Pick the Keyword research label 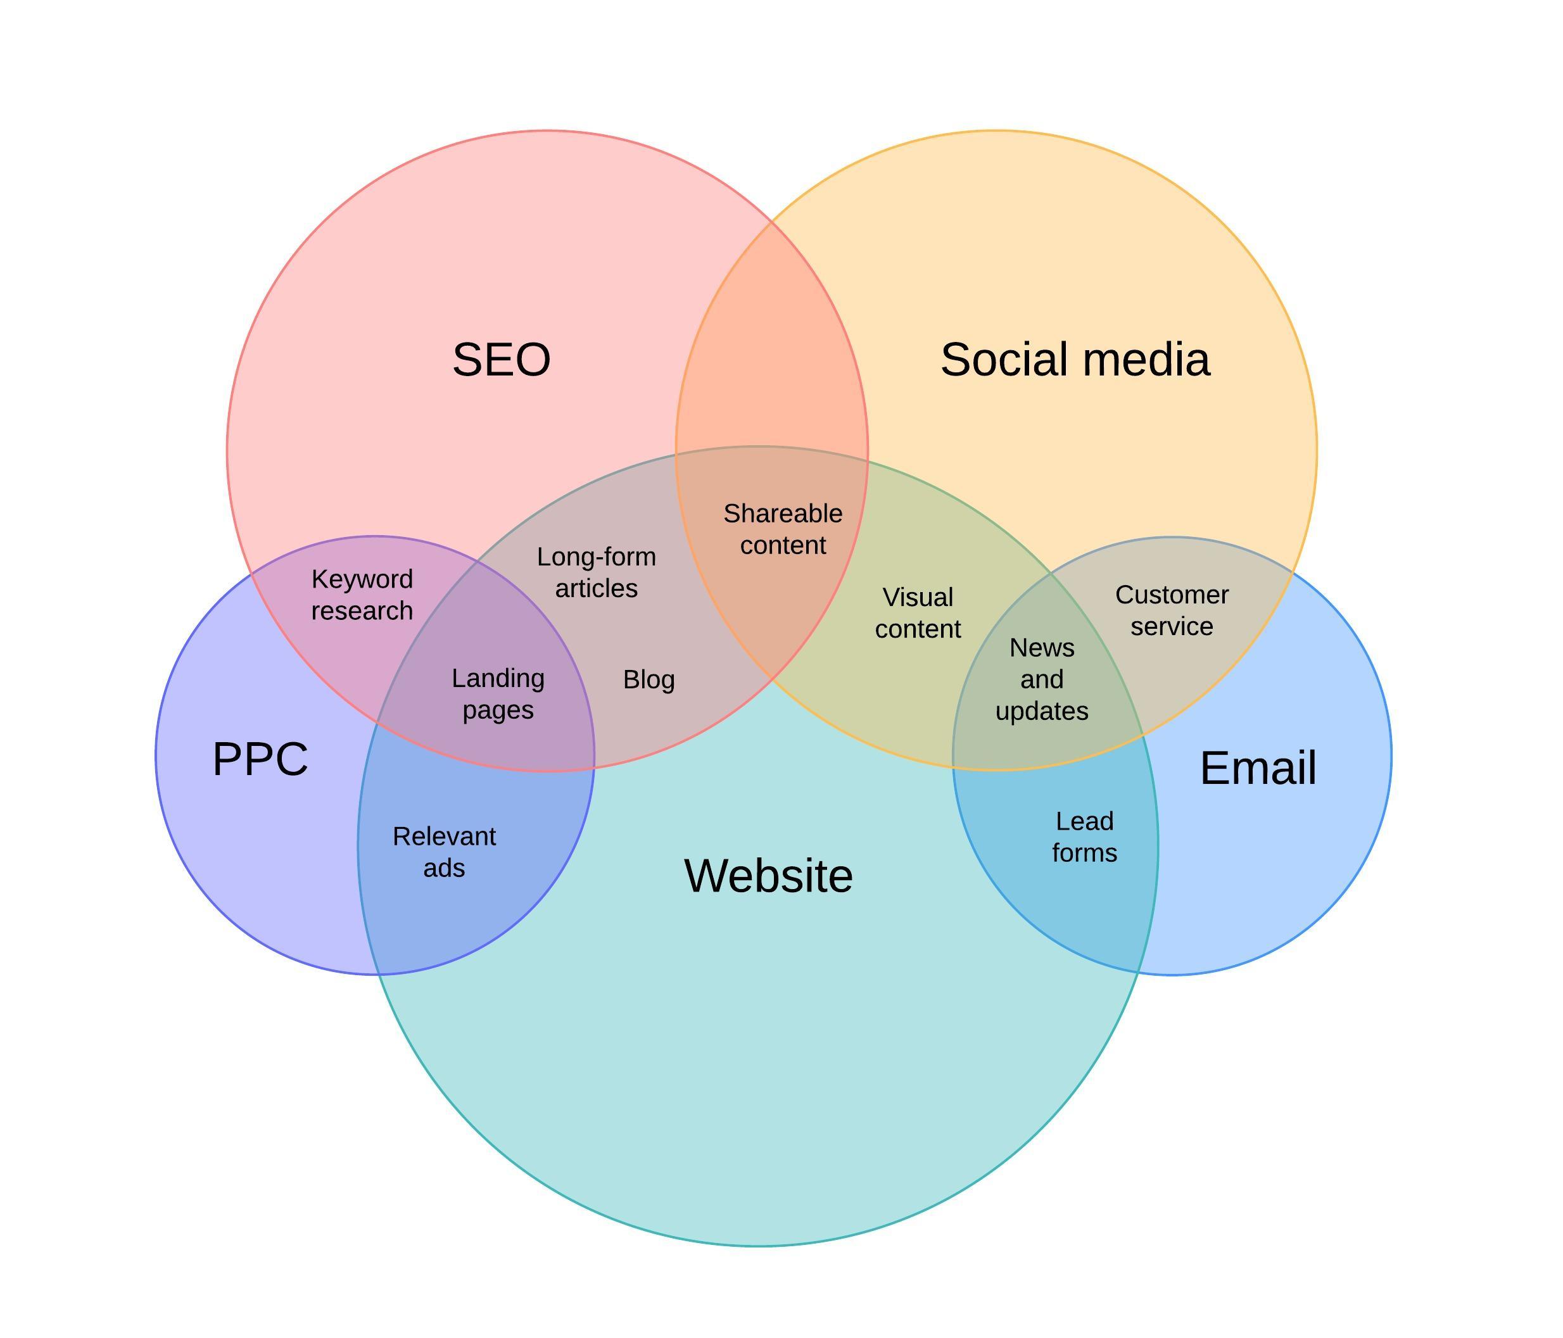pos(362,595)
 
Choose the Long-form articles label pos(596,572)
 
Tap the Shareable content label pos(782,529)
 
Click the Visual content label pos(917,612)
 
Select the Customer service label pos(1172,610)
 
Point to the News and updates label pos(1042,679)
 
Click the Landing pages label pos(498,694)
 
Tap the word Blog pos(649,679)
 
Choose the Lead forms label pos(1084,836)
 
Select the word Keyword pos(362,579)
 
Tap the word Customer pos(1172,595)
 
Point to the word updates pos(1042,711)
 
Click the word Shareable pos(782,514)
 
